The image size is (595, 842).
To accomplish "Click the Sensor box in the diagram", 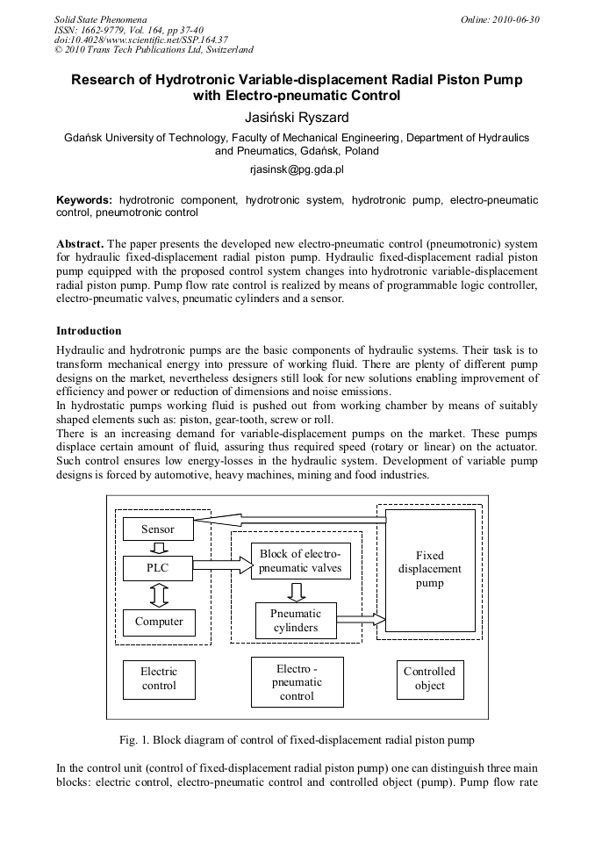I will coord(158,529).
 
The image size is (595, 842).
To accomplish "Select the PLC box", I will coord(158,568).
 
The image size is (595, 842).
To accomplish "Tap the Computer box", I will coord(159,622).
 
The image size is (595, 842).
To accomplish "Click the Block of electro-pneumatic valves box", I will coord(300,561).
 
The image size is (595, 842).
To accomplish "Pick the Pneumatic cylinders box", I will coord(296,621).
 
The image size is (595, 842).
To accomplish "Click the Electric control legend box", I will coord(159,679).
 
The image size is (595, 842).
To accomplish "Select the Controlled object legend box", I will coord(429,679).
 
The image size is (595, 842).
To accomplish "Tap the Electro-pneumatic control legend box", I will coord(297,681).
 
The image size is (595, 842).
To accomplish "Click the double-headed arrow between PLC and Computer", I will coord(159,595).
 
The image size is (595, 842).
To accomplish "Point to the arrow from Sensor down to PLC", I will coord(159,549).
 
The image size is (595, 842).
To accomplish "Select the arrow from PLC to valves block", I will coord(222,568).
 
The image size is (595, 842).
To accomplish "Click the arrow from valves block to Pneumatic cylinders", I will coord(297,591).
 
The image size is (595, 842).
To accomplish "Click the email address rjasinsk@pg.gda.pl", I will coord(297,167).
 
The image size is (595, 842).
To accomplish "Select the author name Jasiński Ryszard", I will coord(297,117).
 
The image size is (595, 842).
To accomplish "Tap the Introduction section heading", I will coord(89,331).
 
